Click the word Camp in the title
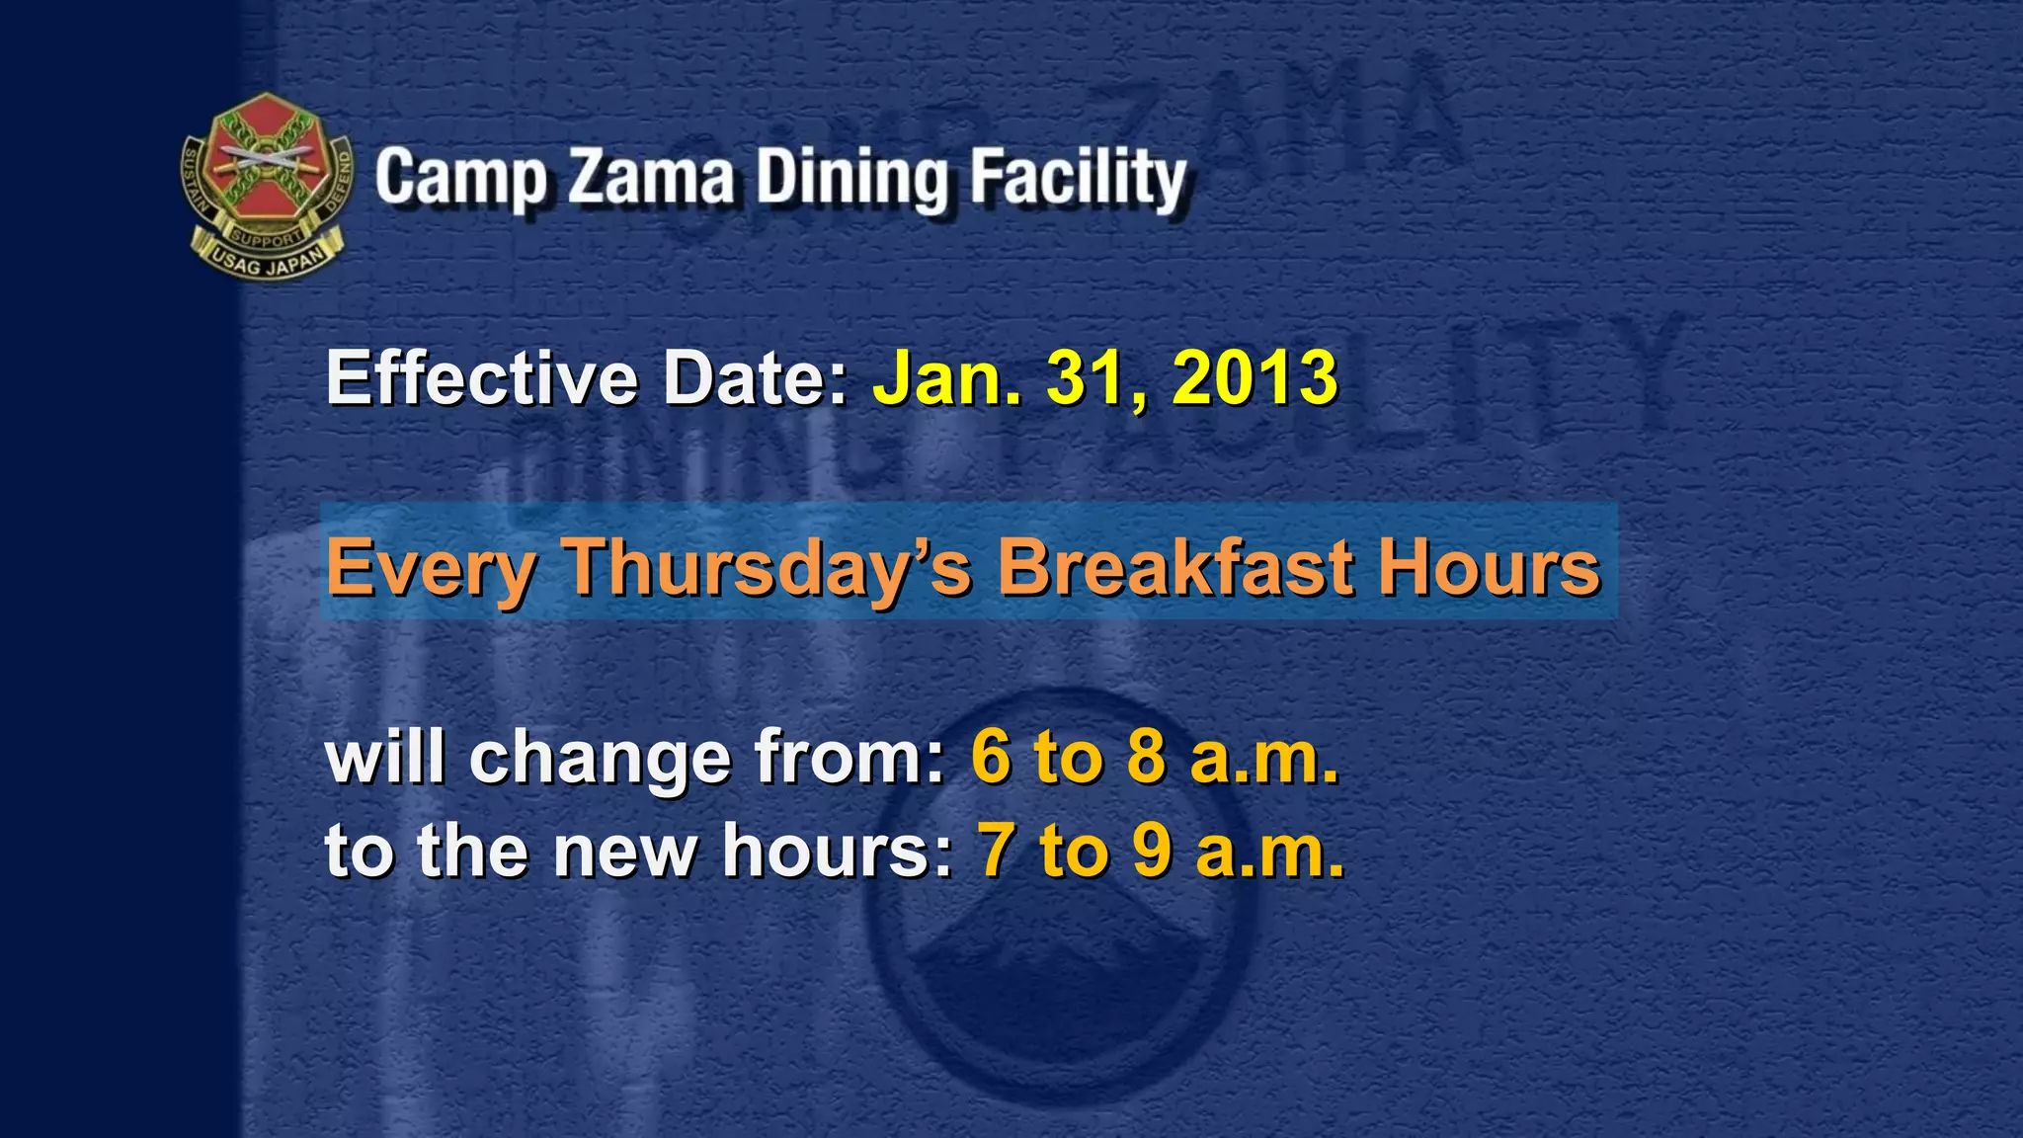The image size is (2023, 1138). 460,178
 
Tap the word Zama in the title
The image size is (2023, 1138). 651,178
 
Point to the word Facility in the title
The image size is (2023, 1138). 1078,178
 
